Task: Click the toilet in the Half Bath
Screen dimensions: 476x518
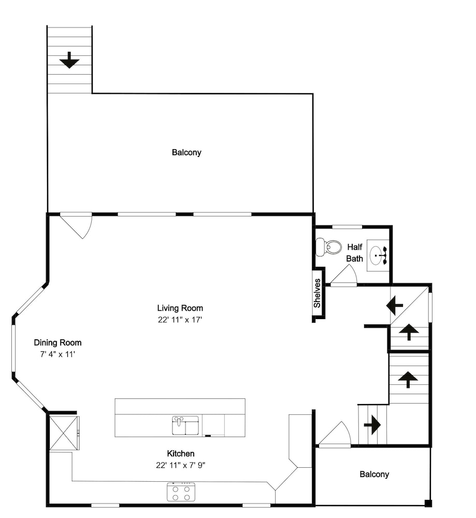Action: (328, 248)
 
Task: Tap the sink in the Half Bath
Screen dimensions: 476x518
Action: (378, 255)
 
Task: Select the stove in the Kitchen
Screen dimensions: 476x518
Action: (181, 492)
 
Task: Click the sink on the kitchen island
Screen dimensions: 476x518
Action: (185, 425)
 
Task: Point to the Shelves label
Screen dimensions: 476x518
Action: (317, 293)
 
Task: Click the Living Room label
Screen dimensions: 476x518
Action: (180, 308)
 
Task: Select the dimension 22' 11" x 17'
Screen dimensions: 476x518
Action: (180, 320)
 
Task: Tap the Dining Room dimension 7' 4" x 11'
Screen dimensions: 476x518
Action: (58, 354)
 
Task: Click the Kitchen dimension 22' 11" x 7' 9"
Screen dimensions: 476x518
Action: (181, 465)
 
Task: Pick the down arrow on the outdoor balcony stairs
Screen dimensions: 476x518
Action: (69, 60)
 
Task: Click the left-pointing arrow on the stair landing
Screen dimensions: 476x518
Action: (395, 306)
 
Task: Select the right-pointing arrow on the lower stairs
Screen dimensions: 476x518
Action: (372, 425)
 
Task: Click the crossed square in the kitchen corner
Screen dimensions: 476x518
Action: (64, 433)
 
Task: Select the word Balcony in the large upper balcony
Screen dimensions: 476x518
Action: (186, 152)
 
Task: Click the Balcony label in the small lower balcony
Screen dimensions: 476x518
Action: (374, 474)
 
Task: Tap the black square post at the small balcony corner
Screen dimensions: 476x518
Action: (428, 503)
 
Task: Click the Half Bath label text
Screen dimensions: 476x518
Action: (354, 253)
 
